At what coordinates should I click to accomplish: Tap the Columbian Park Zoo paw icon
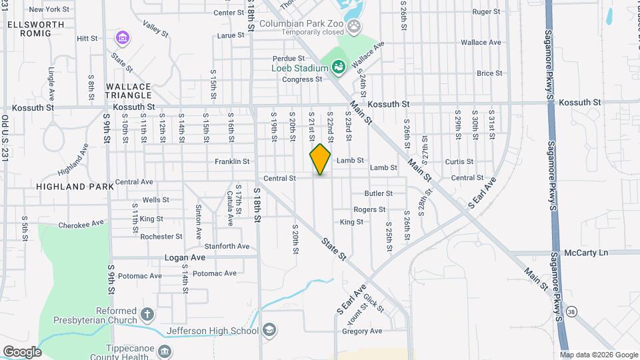tap(355, 27)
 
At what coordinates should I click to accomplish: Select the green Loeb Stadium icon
tap(338, 66)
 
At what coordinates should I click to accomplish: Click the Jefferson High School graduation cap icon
tap(269, 330)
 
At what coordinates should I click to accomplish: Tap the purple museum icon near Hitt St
tap(121, 37)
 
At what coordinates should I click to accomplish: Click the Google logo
tap(22, 351)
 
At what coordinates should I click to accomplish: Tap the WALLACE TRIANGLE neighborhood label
tap(128, 91)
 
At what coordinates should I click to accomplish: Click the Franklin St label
tap(232, 161)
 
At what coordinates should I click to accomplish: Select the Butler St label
tap(378, 193)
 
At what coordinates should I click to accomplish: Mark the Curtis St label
tap(459, 161)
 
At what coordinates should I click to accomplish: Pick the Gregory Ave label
tap(362, 331)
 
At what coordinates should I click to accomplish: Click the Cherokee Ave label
tap(82, 223)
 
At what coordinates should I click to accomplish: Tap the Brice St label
tap(489, 73)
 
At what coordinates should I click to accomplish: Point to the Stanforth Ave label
tap(227, 246)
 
